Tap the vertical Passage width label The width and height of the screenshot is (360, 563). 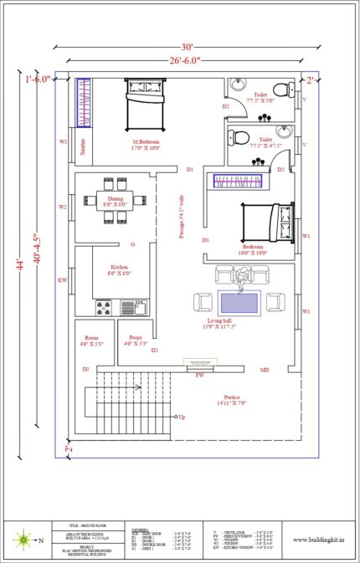181,218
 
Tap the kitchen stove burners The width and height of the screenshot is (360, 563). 105,307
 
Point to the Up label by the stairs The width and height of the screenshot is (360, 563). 183,416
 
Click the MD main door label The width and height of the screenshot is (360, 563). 264,369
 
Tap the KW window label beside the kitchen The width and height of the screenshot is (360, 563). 62,281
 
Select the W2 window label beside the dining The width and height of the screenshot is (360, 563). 62,206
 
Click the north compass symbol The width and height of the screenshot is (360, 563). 24,540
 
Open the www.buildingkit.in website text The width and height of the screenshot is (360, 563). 320,539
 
